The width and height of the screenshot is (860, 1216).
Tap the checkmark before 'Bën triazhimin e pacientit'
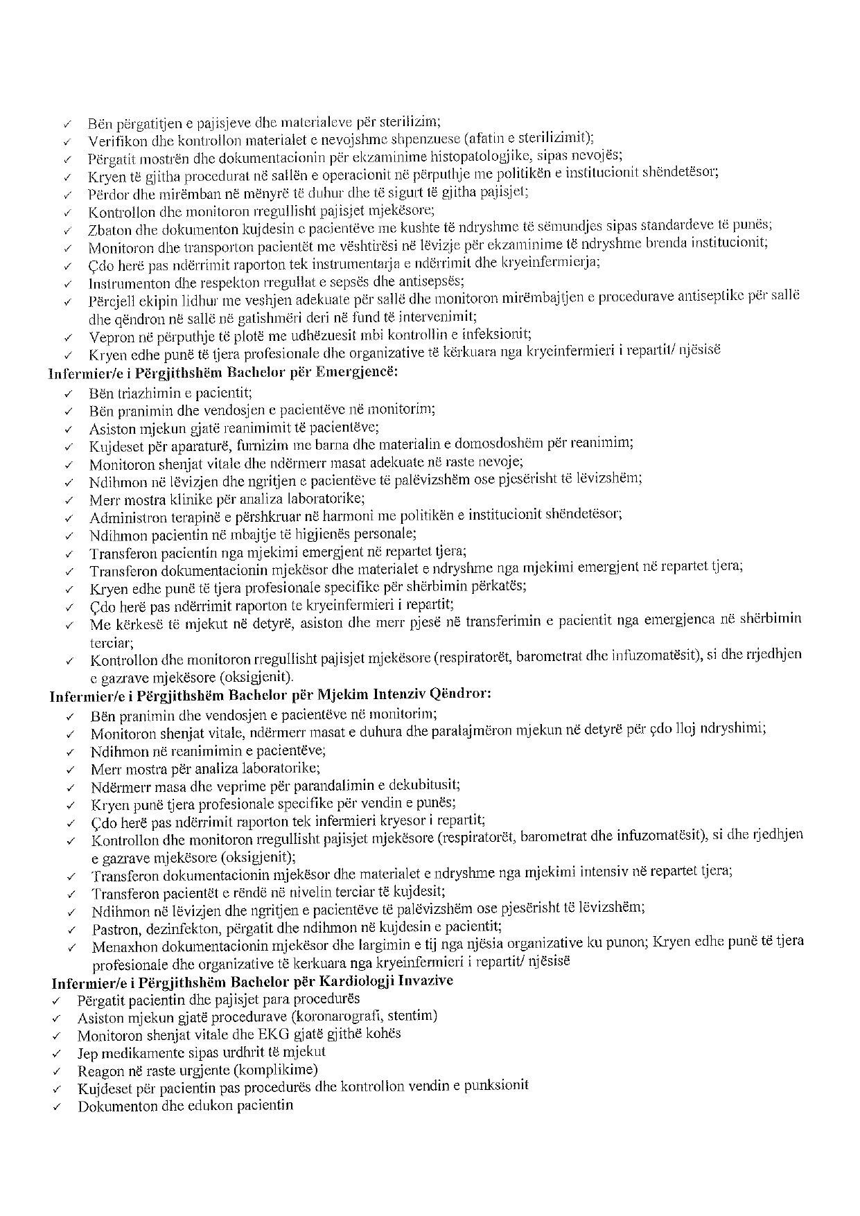[x=68, y=394]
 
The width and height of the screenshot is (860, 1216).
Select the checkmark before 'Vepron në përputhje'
[x=68, y=338]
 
